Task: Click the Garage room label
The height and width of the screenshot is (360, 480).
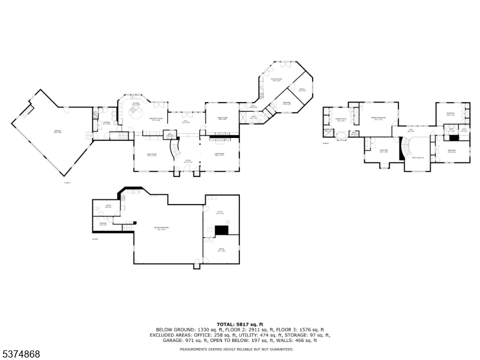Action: pos(58,131)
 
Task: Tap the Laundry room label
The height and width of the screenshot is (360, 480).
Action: pos(106,123)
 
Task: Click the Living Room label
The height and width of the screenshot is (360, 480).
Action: pos(220,155)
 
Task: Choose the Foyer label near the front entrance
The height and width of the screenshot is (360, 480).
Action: pos(188,160)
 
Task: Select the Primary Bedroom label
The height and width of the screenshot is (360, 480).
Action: pos(378,119)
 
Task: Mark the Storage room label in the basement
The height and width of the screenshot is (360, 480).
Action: pos(103,224)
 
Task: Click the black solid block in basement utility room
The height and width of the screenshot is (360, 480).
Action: pos(222,230)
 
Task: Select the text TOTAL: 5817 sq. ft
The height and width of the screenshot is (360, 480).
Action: pos(240,325)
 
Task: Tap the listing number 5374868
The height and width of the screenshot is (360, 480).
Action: pos(21,355)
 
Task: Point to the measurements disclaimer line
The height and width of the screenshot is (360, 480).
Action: pos(240,349)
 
